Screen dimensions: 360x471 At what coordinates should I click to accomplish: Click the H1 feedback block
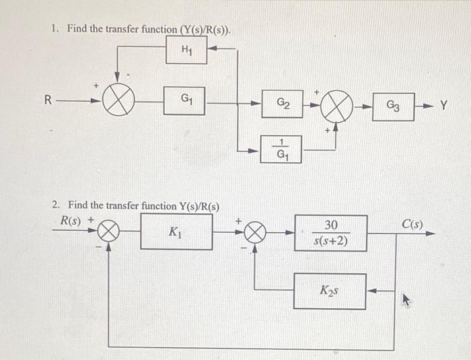point(186,50)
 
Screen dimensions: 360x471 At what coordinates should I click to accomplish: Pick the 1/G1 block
point(281,149)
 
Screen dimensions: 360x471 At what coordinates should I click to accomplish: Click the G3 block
point(393,106)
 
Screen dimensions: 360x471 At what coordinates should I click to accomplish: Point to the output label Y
point(444,106)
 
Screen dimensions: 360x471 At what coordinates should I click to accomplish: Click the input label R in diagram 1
point(47,101)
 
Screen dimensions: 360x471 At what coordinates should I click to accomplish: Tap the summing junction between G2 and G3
point(338,106)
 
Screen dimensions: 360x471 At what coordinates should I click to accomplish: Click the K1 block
point(176,233)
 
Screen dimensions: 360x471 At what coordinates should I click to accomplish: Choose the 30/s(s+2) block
point(330,233)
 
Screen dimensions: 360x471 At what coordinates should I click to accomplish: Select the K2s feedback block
point(330,291)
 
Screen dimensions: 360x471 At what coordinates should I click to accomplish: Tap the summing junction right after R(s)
point(108,233)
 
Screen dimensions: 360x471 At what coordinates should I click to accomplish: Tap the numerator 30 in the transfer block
point(331,225)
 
